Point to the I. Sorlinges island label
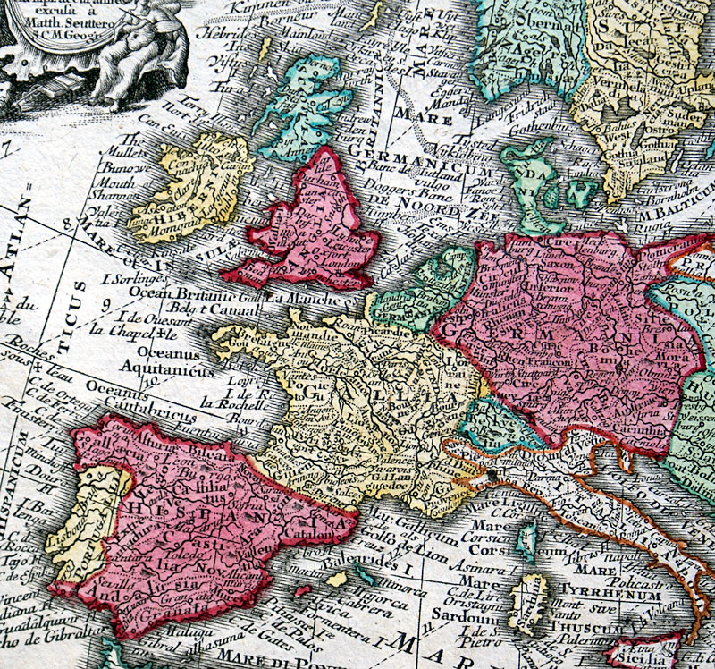tap(132, 279)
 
